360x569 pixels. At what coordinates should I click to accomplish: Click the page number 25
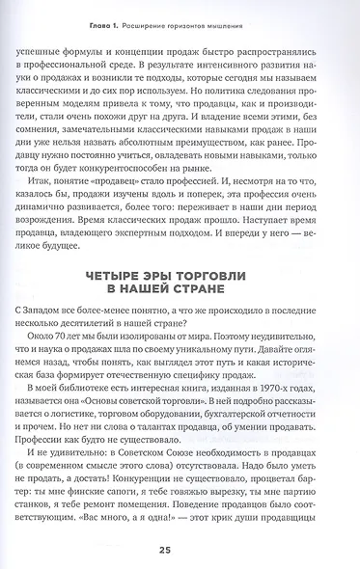coord(180,550)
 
